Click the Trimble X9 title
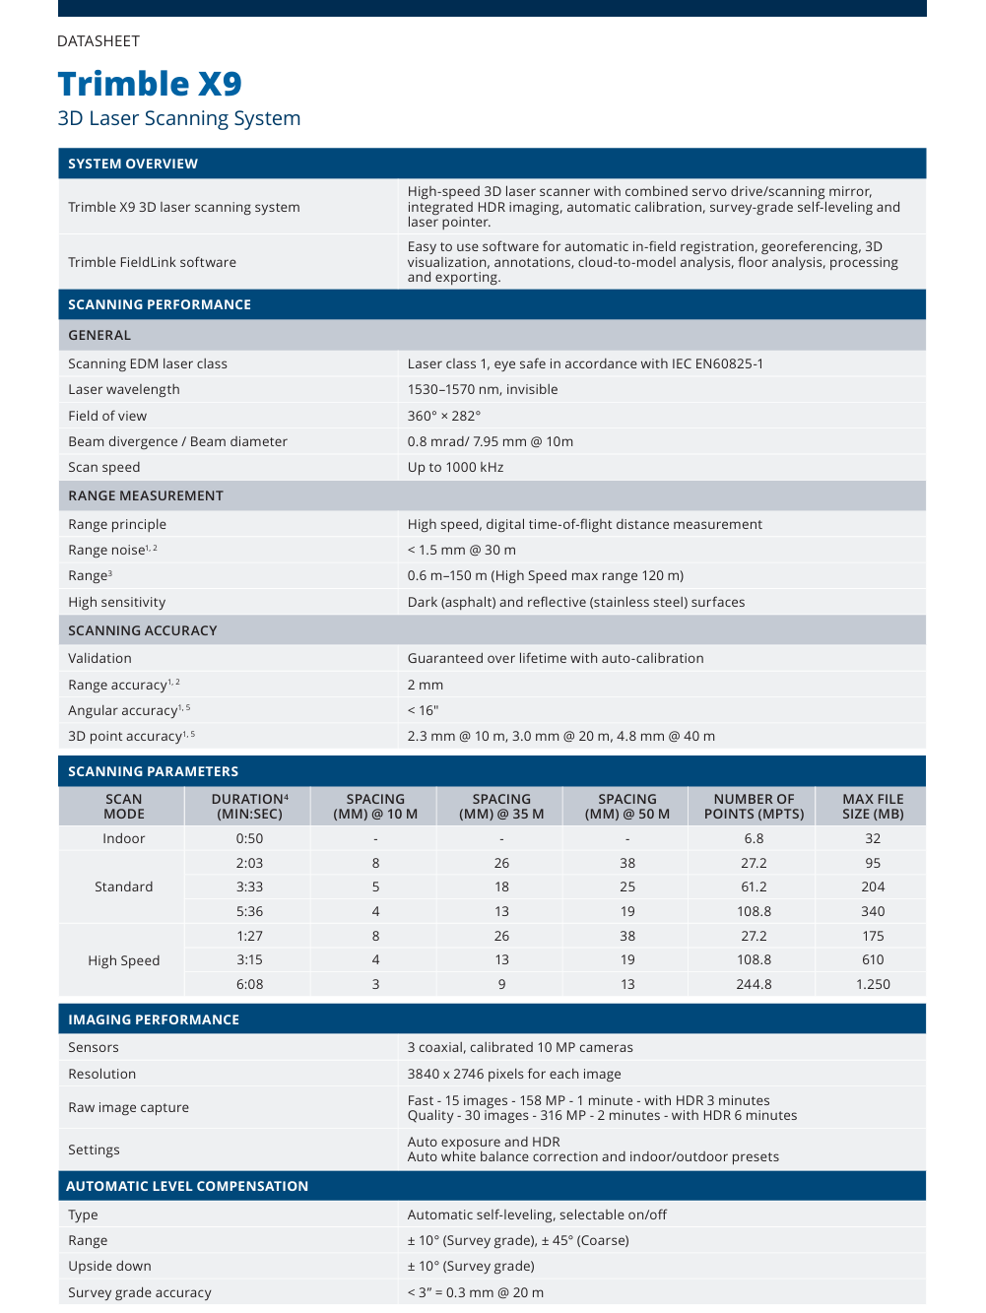pyautogui.click(x=150, y=84)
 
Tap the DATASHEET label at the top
pyautogui.click(x=99, y=41)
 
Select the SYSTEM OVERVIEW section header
pyautogui.click(x=133, y=164)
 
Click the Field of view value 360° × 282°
pyautogui.click(x=444, y=416)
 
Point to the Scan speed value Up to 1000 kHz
pyautogui.click(x=455, y=467)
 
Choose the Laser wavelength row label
pyautogui.click(x=124, y=389)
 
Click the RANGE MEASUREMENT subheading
pyautogui.click(x=146, y=495)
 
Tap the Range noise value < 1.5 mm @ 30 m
pyautogui.click(x=461, y=550)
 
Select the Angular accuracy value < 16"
pyautogui.click(x=423, y=710)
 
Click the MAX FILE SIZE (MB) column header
pyautogui.click(x=873, y=806)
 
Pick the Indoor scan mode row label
pyautogui.click(x=124, y=838)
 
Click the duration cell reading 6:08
pyautogui.click(x=249, y=984)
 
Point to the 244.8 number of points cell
pyautogui.click(x=754, y=984)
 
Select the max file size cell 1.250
pyautogui.click(x=873, y=984)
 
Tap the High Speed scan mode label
pyautogui.click(x=124, y=960)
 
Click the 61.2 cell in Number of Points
pyautogui.click(x=754, y=886)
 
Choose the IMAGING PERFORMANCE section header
pyautogui.click(x=154, y=1019)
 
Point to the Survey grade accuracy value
pyautogui.click(x=475, y=1292)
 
